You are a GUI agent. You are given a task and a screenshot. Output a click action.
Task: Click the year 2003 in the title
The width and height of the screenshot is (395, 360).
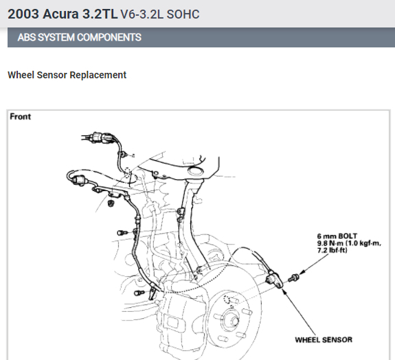click(23, 14)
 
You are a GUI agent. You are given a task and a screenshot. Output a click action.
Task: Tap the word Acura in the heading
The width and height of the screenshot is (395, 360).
click(60, 14)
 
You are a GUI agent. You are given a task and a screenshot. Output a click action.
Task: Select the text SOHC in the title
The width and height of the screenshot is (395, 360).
click(183, 14)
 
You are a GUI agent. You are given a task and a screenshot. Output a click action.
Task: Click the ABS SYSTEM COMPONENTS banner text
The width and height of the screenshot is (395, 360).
click(80, 38)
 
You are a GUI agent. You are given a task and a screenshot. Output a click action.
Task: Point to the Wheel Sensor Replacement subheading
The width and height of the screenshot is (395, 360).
click(67, 75)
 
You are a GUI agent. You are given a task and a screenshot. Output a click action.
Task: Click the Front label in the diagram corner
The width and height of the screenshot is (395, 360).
click(21, 117)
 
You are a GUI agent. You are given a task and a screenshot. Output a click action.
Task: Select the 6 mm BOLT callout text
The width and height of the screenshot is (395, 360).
click(337, 236)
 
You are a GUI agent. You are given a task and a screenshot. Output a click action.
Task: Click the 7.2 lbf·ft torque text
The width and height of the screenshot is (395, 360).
click(332, 250)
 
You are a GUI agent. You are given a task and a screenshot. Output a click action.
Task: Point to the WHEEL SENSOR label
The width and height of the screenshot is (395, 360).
click(324, 340)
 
